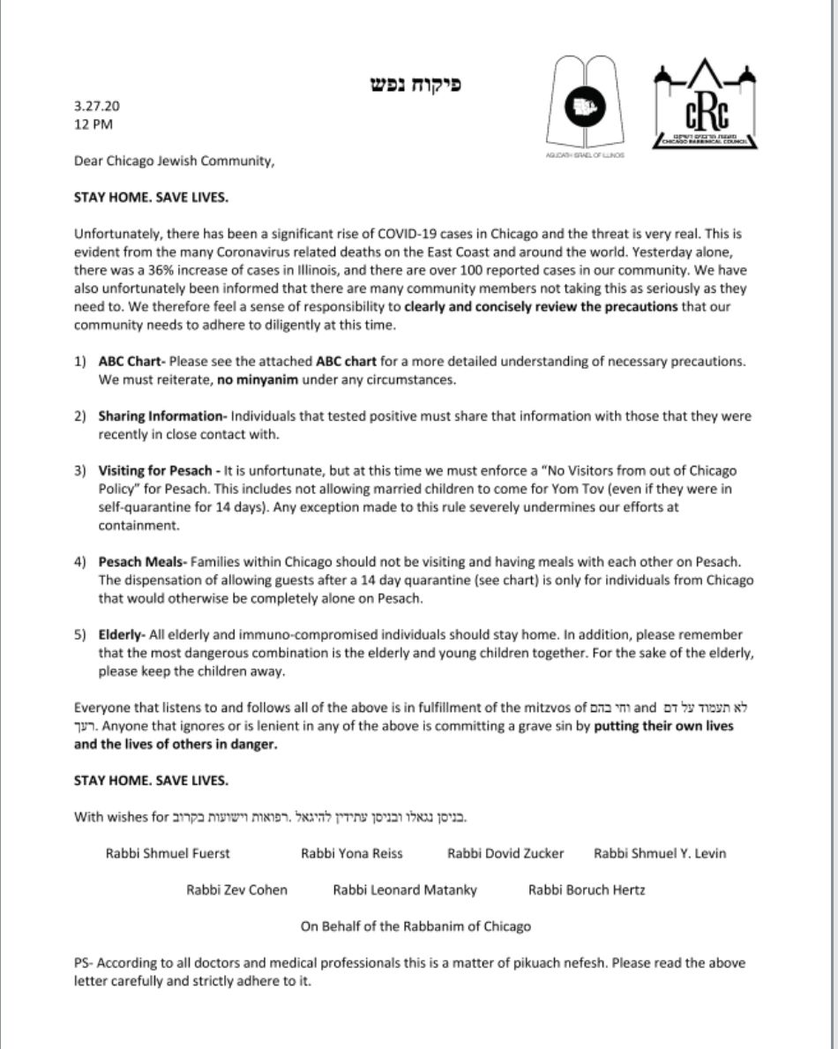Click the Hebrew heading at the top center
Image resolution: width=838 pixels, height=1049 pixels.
point(415,85)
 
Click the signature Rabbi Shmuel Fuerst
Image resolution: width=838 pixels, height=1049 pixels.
point(168,853)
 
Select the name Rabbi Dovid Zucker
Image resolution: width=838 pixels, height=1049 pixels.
point(505,853)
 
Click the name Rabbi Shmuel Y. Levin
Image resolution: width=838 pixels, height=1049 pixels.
point(660,853)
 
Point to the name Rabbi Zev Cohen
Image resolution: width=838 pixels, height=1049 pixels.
point(236,889)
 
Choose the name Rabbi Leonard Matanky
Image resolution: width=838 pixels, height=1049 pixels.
point(405,889)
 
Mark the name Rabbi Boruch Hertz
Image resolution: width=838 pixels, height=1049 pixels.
point(586,889)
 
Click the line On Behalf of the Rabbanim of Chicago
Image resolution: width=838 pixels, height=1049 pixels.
point(416,925)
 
